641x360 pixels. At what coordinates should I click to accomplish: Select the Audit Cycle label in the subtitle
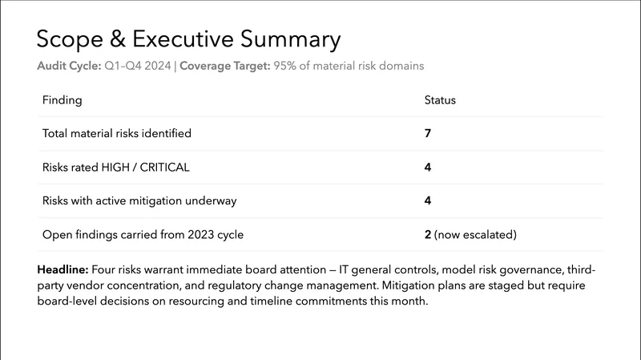69,66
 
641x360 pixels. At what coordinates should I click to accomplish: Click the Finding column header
62,100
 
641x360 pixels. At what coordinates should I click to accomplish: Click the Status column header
439,100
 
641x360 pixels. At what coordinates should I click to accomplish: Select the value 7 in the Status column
427,132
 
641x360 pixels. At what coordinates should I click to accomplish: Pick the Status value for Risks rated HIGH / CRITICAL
427,167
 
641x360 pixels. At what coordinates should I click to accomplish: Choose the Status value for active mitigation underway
427,201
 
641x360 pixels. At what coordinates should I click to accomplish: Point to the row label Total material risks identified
116,132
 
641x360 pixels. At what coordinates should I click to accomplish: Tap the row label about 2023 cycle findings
142,236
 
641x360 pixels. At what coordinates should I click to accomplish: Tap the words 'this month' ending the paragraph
403,305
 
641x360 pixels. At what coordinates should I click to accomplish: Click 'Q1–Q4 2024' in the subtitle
137,66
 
